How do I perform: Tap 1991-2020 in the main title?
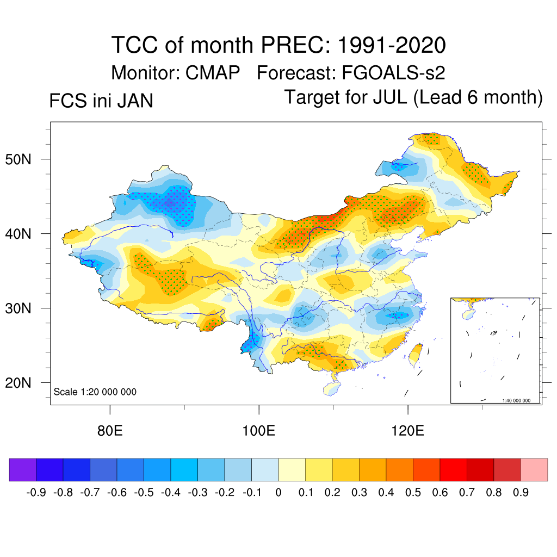pyautogui.click(x=392, y=45)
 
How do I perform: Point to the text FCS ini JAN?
pyautogui.click(x=101, y=101)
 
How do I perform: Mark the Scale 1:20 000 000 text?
pyautogui.click(x=95, y=392)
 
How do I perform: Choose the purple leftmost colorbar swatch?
pyautogui.click(x=23, y=469)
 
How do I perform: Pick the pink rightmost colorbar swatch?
pyautogui.click(x=534, y=469)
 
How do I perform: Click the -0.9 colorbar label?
pyautogui.click(x=35, y=493)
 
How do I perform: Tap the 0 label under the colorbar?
pyautogui.click(x=278, y=493)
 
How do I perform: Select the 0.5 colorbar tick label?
pyautogui.click(x=413, y=493)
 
